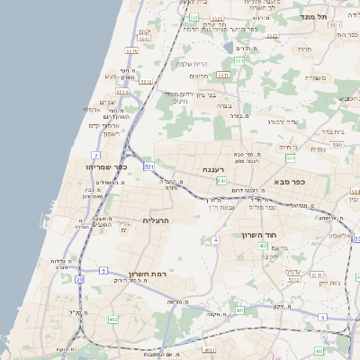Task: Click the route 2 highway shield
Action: coord(94,156)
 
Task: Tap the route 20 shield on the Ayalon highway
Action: coord(79,280)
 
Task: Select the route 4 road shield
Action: coord(216,240)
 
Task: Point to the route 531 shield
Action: coord(147,167)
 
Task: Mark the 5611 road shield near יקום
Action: coord(145,40)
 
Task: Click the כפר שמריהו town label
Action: coord(107,166)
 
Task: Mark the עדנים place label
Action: coord(292,271)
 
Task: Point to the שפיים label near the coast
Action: coord(107,103)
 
